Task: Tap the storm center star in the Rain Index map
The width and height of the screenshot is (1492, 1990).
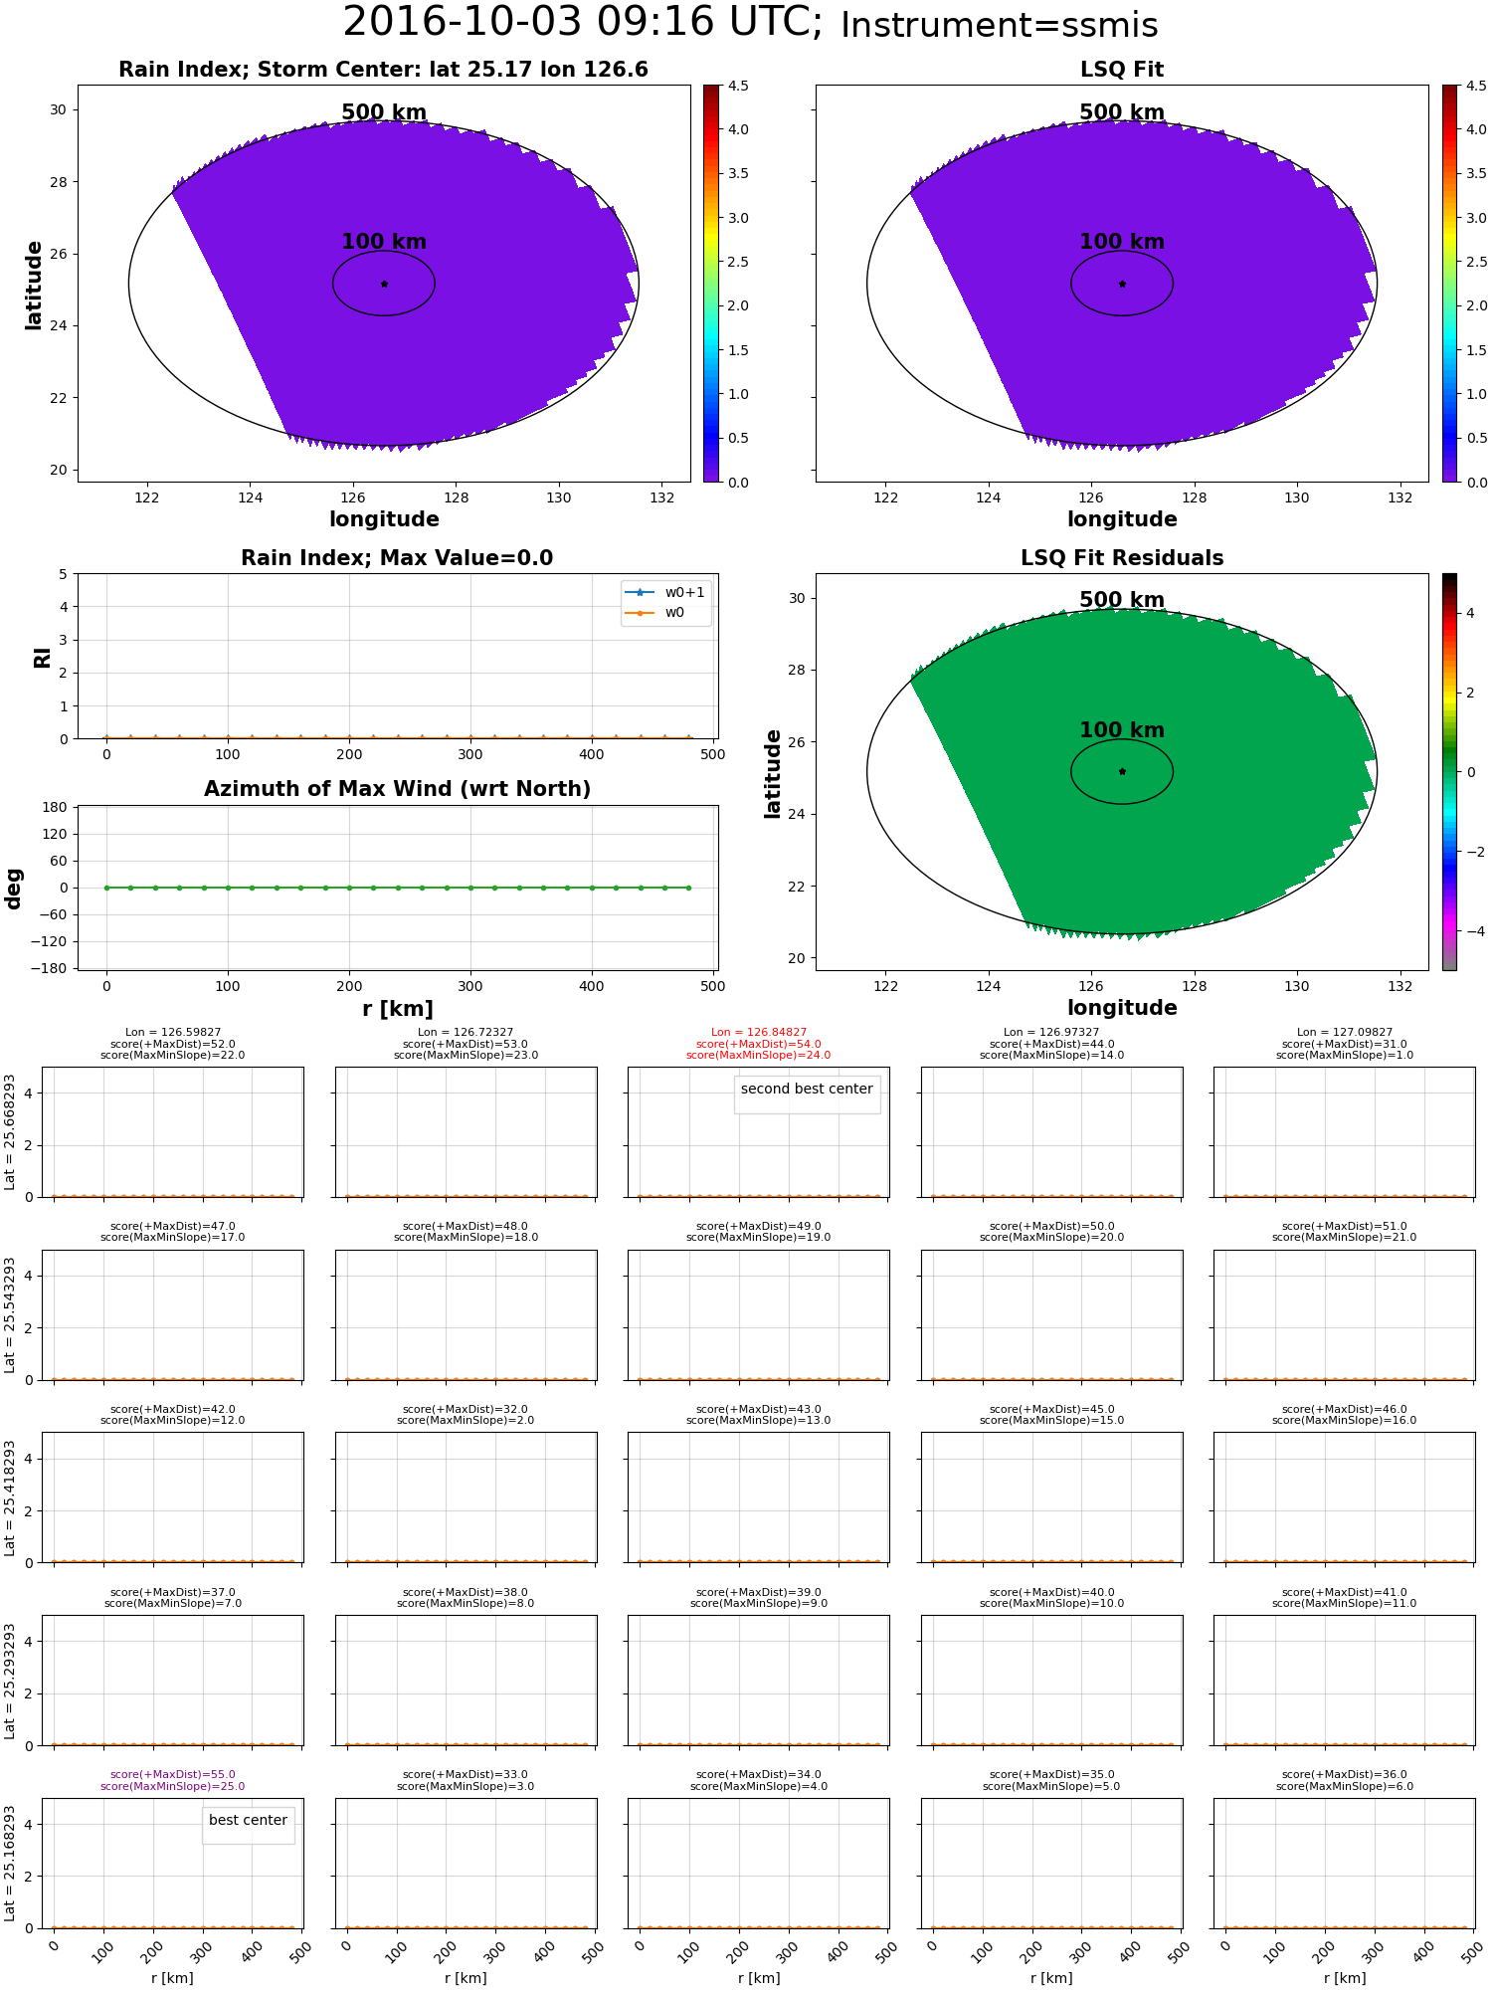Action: [x=384, y=284]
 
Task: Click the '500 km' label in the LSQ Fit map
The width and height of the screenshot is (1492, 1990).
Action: [x=1121, y=112]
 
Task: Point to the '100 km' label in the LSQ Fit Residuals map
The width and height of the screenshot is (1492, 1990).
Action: [x=1121, y=730]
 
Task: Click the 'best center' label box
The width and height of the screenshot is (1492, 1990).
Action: [x=248, y=1821]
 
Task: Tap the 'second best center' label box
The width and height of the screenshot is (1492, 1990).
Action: [x=807, y=1090]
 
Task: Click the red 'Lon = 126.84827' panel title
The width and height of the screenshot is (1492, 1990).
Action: [x=759, y=1033]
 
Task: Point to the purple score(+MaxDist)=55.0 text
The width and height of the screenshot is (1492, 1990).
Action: [x=173, y=1775]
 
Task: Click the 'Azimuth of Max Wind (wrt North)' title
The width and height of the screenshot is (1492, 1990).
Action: [x=397, y=789]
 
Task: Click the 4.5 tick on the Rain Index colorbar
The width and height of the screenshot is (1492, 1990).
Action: [x=738, y=87]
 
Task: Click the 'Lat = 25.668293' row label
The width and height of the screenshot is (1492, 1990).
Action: [x=10, y=1132]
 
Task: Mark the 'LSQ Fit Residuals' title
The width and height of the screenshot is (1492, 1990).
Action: [x=1121, y=558]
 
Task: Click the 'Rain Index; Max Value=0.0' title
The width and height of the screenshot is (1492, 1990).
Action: [x=397, y=558]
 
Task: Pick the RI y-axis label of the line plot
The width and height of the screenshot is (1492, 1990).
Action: [x=42, y=657]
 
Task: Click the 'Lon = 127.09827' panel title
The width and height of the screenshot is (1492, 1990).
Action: [x=1344, y=1033]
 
